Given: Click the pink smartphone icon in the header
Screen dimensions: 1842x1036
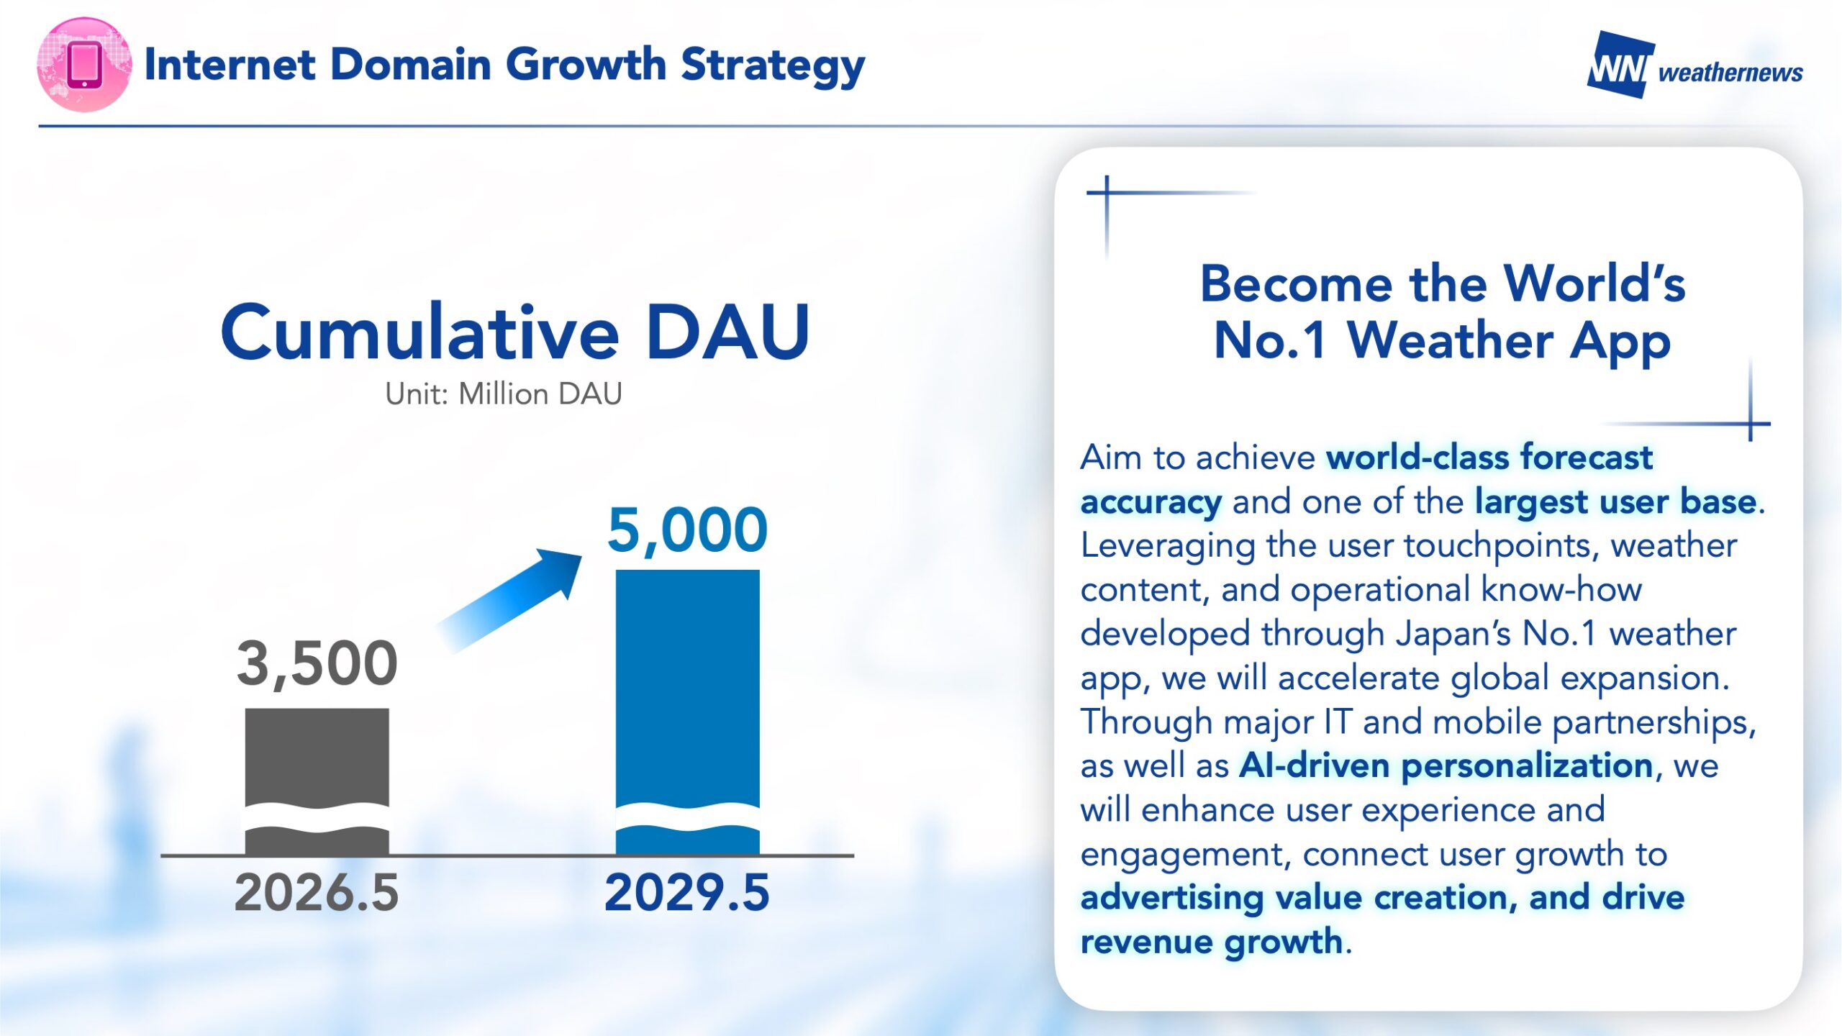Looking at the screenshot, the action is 84,65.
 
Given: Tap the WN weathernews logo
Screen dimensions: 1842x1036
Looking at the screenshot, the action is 1694,65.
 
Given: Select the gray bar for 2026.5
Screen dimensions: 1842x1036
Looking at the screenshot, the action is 317,781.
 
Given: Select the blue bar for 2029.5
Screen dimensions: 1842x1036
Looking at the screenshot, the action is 687,712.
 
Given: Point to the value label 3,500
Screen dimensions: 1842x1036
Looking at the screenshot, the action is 317,664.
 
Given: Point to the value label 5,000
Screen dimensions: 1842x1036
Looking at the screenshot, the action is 687,531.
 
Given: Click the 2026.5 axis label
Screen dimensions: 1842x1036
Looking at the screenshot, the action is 317,893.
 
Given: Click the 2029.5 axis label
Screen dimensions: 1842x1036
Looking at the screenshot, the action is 687,893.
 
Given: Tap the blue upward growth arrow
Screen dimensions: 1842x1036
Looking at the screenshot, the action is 509,601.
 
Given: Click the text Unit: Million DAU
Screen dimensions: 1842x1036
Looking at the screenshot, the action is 504,394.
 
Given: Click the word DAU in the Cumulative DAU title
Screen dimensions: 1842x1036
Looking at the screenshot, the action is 728,332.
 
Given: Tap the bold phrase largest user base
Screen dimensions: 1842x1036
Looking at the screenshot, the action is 1615,502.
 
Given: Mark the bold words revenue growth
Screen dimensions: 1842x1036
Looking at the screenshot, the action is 1212,942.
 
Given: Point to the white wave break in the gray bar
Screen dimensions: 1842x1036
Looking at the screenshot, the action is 317,818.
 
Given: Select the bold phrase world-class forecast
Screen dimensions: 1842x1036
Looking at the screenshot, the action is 1489,458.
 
